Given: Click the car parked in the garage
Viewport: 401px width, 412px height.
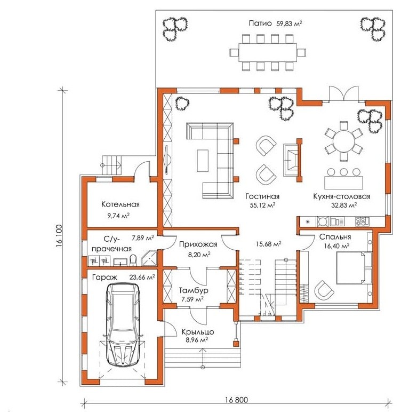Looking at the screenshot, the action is point(123,324).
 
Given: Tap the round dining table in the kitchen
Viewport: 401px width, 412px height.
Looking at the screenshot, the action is point(343,141).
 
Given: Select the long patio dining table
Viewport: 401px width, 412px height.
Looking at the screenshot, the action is point(268,52).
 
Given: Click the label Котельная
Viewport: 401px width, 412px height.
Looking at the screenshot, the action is point(121,204).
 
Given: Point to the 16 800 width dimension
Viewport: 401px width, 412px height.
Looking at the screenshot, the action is point(236,400).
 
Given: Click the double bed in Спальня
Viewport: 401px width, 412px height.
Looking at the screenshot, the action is point(354,268).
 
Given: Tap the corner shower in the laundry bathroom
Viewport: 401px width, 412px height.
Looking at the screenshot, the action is point(149,258).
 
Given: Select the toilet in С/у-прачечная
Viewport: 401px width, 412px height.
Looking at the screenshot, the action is point(133,260).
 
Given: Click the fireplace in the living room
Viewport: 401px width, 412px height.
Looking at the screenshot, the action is point(292,160).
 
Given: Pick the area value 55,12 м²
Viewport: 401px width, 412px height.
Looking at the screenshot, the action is point(262,205).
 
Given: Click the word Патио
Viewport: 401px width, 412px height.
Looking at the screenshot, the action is point(260,23).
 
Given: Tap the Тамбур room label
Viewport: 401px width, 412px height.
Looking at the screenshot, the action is point(194,290).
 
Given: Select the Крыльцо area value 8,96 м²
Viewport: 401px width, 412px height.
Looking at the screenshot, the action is point(197,340).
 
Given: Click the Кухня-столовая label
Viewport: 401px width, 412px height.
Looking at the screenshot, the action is point(342,196).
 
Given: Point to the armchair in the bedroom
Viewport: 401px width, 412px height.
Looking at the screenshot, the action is point(324,292).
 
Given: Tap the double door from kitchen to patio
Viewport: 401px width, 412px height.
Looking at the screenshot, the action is point(343,93).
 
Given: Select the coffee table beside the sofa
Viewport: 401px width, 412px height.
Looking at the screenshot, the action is point(203,161).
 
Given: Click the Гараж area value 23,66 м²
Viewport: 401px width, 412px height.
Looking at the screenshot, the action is point(142,277).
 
